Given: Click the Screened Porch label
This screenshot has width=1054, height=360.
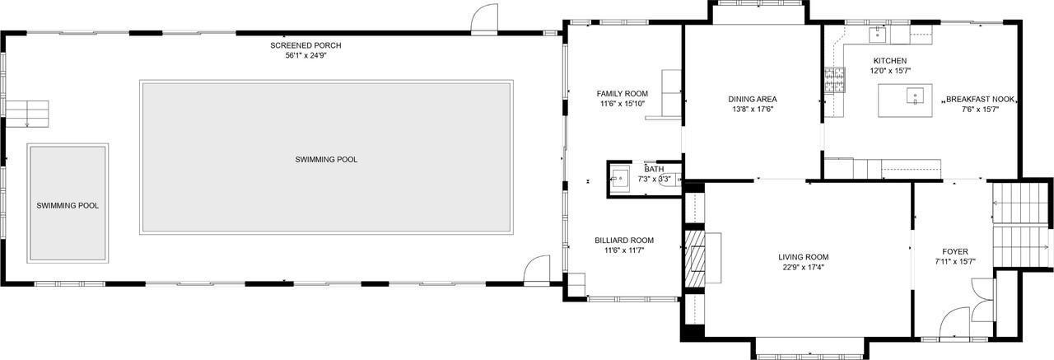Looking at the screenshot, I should point(305,45).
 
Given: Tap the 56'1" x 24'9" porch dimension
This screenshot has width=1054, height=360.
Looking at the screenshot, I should point(305,56).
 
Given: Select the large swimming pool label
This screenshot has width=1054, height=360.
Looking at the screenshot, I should point(326,159).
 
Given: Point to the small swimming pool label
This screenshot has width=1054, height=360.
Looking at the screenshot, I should point(68,205).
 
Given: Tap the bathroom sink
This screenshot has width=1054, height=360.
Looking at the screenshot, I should point(619,178).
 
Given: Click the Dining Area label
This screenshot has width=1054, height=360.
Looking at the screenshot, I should point(752,99).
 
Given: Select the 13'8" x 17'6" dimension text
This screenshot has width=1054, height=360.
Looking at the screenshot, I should point(752,110).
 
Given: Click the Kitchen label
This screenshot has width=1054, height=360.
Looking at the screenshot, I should point(889,61).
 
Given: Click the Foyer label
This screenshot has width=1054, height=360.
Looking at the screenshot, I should point(955,251).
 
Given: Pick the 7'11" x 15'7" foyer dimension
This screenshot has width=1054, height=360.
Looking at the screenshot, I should point(955,262).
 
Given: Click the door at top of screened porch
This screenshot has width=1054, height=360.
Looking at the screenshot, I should point(485,18).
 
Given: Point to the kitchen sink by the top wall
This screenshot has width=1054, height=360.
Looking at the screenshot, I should point(878,35).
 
